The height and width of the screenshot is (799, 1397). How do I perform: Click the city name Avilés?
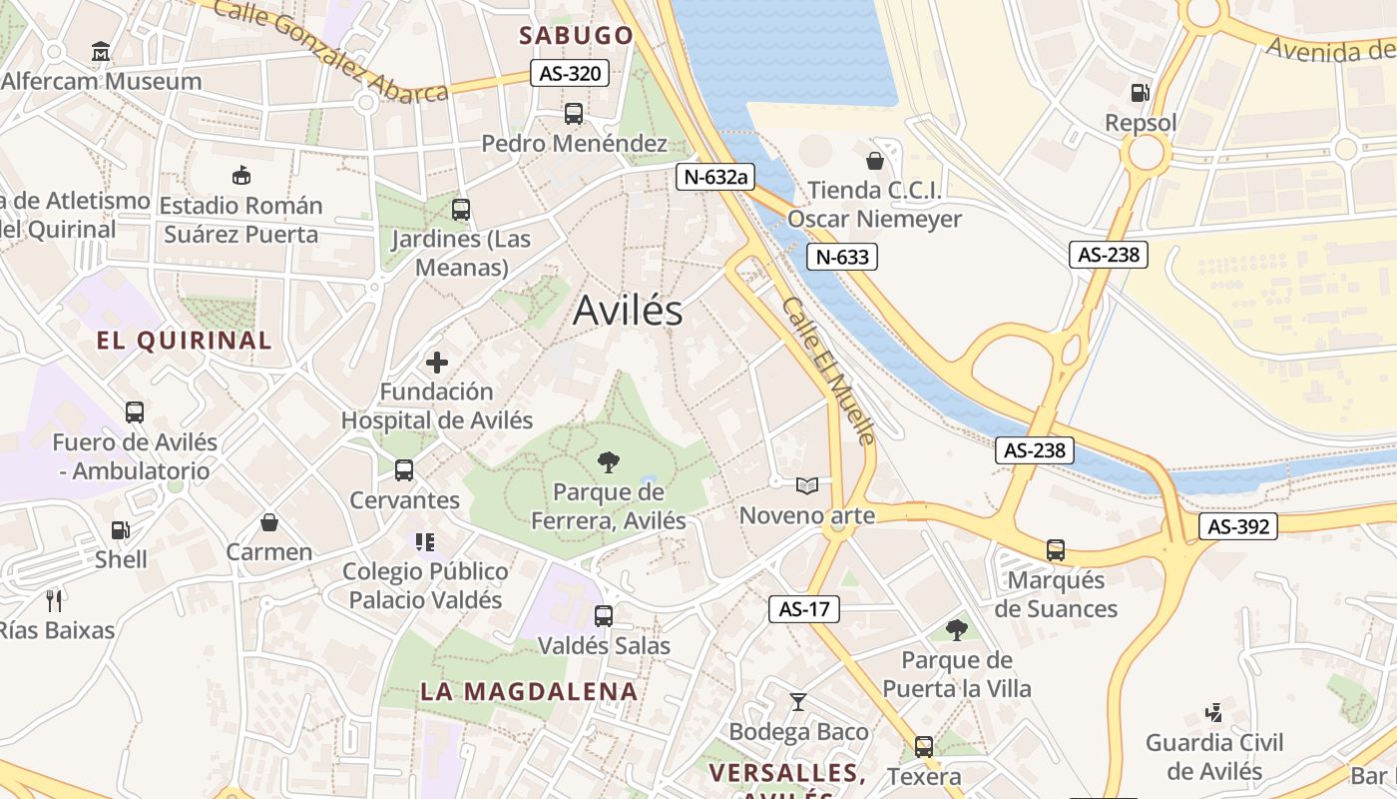[628, 311]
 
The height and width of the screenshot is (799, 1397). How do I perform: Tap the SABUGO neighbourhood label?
[576, 36]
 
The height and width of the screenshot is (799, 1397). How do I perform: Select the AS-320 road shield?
[570, 73]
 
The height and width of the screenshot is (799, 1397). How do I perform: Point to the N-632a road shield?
[714, 177]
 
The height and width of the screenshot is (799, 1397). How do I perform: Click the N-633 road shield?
[842, 257]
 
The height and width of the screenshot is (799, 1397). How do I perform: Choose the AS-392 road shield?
[1238, 526]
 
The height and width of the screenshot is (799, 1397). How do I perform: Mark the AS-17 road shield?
[804, 608]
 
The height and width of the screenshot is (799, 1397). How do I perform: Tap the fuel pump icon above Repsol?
[1140, 94]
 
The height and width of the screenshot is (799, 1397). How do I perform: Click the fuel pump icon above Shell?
[120, 530]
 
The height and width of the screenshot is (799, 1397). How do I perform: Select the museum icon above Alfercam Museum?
[101, 51]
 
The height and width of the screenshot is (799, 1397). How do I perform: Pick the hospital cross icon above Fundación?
[437, 363]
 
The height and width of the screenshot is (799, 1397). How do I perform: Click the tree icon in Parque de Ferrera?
[607, 461]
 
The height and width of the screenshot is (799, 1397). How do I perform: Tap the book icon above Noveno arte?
[806, 486]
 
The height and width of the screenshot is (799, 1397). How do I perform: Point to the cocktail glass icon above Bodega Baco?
[798, 702]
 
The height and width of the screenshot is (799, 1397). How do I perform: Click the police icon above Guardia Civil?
[1213, 713]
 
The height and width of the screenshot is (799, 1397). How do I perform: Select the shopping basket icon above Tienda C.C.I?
[875, 161]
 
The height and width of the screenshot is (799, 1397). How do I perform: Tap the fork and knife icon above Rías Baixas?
[55, 600]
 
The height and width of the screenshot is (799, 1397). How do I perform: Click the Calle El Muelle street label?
[829, 371]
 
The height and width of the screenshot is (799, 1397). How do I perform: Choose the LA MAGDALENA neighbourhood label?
[528, 691]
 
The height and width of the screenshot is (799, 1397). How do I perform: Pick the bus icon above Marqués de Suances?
[1055, 549]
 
